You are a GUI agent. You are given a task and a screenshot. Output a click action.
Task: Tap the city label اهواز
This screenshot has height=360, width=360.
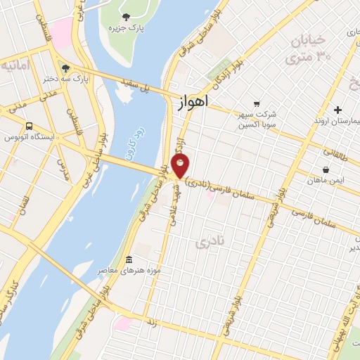tap(189, 103)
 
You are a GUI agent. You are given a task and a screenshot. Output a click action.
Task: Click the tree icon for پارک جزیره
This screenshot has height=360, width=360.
tap(126, 18)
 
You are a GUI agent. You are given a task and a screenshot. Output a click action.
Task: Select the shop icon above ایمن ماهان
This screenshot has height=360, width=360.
tap(326, 169)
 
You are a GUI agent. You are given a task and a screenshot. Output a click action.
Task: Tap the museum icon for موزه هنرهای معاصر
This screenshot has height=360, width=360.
tap(128, 259)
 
